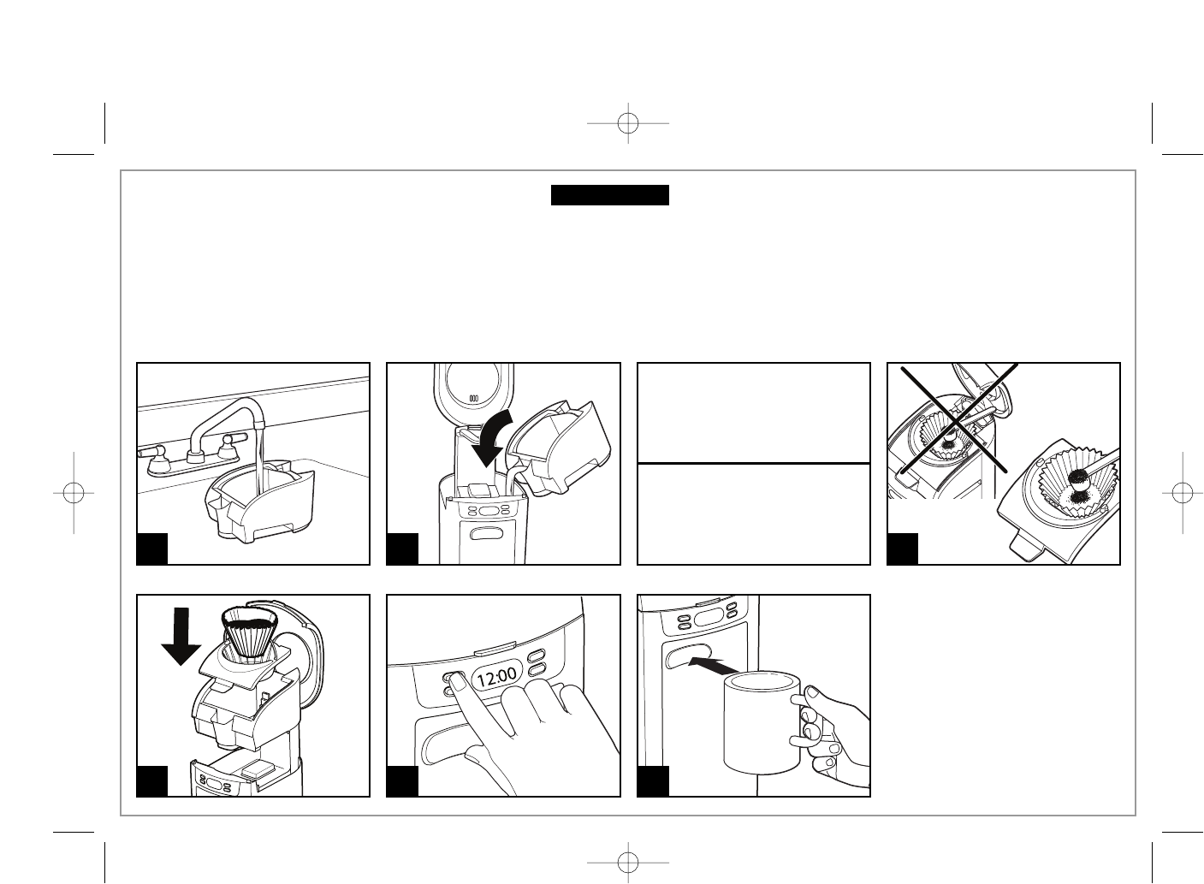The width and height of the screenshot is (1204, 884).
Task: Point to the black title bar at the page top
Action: point(609,195)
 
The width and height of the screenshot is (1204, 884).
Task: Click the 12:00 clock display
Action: point(496,679)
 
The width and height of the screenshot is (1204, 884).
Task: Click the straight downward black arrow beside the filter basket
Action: point(181,635)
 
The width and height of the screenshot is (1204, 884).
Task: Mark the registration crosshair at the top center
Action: point(628,123)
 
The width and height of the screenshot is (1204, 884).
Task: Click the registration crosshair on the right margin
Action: point(1182,493)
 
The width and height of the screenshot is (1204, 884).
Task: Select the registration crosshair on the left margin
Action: point(74,493)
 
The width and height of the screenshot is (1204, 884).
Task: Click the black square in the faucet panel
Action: point(152,549)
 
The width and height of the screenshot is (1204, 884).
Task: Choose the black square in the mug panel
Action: point(653,781)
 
